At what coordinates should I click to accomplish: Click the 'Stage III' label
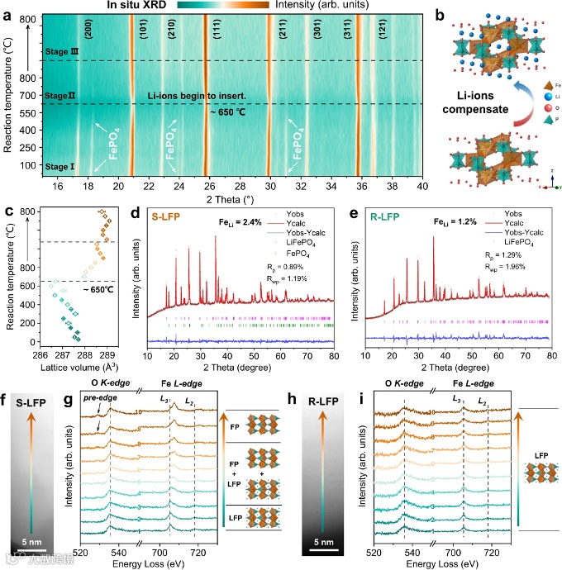pyautogui.click(x=61, y=51)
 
